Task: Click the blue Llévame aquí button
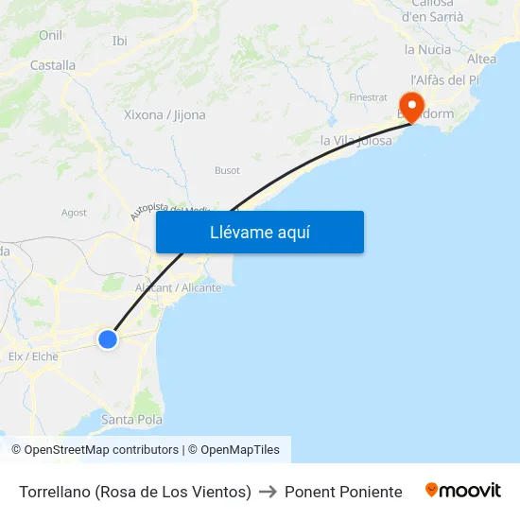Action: [x=260, y=232]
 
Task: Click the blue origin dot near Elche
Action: [x=108, y=338]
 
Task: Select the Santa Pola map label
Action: [x=131, y=420]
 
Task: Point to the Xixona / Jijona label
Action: [x=165, y=115]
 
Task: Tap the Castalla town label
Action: [x=53, y=65]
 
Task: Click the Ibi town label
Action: [x=120, y=41]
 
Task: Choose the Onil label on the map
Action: [x=50, y=35]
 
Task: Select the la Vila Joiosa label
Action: [x=355, y=141]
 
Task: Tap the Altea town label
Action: [x=481, y=59]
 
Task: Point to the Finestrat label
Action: [x=368, y=97]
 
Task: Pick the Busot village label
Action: [x=227, y=171]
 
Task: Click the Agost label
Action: [x=74, y=213]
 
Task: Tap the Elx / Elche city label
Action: [x=33, y=356]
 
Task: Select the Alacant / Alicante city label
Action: [x=178, y=287]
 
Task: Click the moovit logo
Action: [x=463, y=491]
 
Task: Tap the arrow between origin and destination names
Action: [x=268, y=492]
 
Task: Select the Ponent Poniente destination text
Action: [x=343, y=492]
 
